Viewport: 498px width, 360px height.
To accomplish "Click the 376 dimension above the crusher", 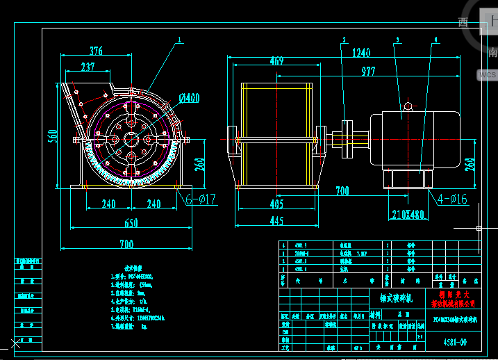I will [x=96, y=50].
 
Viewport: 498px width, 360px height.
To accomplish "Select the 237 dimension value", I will [x=88, y=67].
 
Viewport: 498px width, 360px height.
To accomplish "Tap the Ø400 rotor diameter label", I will [x=188, y=98].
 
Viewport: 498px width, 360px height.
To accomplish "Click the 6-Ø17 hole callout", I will [x=201, y=199].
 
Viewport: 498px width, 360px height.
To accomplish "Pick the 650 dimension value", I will [x=131, y=223].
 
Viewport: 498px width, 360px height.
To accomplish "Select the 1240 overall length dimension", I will [x=360, y=52].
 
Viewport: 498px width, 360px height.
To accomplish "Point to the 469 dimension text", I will [x=276, y=61].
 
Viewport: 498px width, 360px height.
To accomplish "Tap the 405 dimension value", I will [x=276, y=204].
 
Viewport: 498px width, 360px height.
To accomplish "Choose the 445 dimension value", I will [x=276, y=221].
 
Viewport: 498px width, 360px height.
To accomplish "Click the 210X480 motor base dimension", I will [x=408, y=214].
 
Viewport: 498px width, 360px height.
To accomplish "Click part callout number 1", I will [x=179, y=40].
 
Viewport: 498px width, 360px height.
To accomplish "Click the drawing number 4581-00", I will [x=455, y=342].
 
